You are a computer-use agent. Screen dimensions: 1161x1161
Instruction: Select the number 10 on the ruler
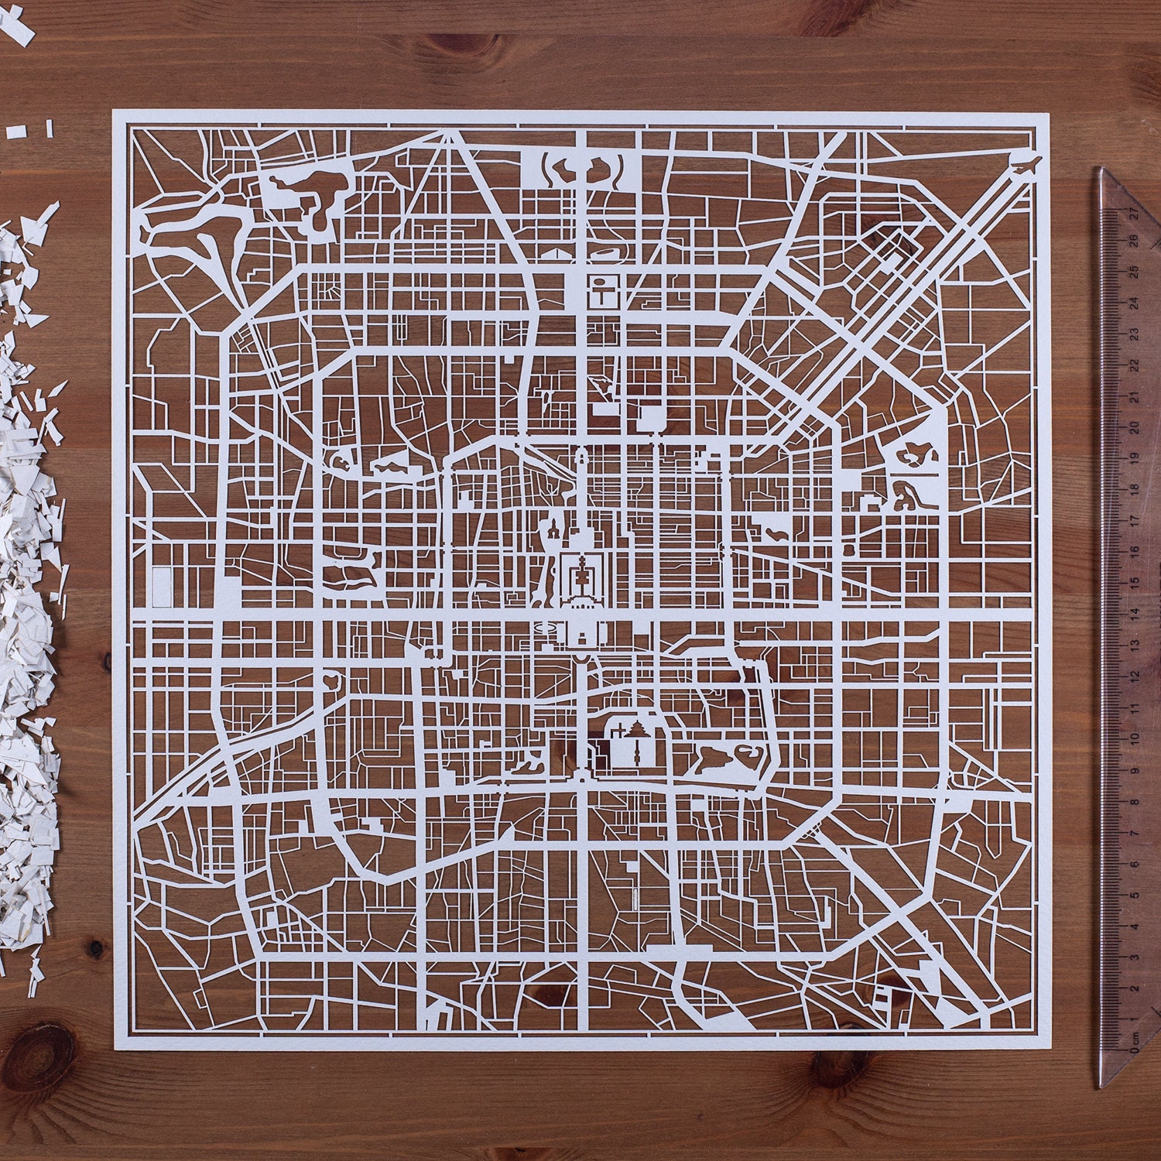click(1133, 738)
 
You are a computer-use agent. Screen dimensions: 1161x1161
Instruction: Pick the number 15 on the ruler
click(1133, 583)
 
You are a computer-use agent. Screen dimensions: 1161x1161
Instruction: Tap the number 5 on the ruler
click(1134, 895)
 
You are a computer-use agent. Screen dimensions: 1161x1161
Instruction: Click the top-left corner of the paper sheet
click(113, 111)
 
